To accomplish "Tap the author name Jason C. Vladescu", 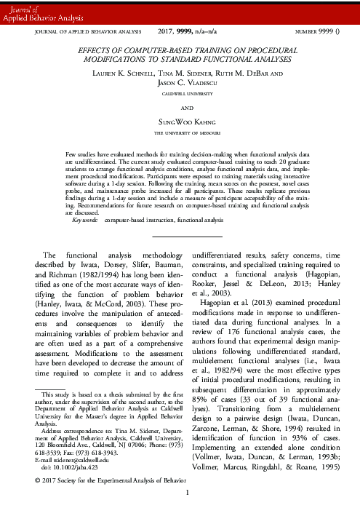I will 179,84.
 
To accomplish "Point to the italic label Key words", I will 84,199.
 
